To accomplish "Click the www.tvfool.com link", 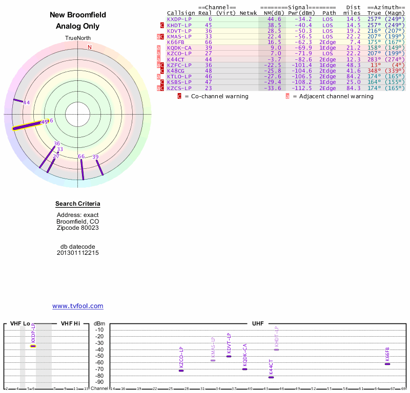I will pos(77,306).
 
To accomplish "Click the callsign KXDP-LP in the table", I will pos(179,19).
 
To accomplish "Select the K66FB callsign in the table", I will pos(176,42).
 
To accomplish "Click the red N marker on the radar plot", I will pos(90,47).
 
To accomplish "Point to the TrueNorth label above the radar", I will pos(78,38).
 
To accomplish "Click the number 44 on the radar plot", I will pos(27,103).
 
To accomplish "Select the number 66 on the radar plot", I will pos(81,156).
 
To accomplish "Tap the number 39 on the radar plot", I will pos(95,157).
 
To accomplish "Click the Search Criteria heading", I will pos(78,204).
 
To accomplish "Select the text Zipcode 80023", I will pos(78,228).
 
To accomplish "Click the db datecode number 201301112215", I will pos(78,253).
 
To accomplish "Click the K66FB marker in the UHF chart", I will pos(387,364).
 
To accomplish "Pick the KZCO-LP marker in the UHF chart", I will pos(181,370).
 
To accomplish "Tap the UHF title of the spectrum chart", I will pos(257,324).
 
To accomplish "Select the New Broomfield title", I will pos(78,15).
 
